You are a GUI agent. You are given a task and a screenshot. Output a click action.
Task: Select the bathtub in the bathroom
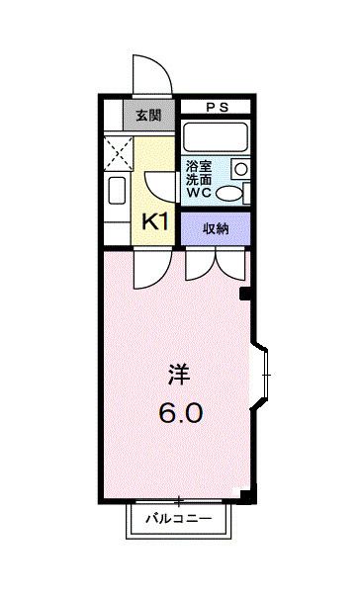point(216,137)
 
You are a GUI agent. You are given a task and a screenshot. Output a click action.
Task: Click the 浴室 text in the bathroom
point(198,167)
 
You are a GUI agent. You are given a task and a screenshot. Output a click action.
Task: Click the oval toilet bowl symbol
point(228,193)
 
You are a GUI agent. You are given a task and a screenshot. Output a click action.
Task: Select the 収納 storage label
point(216,228)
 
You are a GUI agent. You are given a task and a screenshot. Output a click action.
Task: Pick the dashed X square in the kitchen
point(118,150)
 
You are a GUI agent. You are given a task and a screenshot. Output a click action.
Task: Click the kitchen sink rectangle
point(114,192)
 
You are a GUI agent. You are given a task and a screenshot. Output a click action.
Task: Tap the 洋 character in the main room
point(179,376)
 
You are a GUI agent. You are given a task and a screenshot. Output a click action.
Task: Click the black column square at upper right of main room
point(246,295)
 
